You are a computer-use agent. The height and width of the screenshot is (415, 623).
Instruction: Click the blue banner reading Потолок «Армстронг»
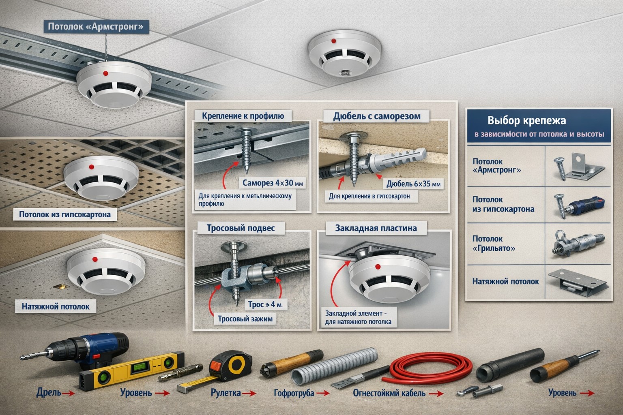point(96,27)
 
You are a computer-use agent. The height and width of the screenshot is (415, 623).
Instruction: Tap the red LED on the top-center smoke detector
point(333,41)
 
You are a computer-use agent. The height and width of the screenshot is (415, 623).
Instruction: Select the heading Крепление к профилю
point(243,116)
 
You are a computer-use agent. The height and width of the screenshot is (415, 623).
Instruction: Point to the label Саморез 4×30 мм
point(273,183)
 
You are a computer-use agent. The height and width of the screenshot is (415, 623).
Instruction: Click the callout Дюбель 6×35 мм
point(413,184)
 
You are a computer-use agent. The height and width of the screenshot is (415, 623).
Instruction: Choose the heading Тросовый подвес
point(241,228)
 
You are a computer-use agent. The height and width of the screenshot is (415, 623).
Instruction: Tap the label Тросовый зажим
point(245,319)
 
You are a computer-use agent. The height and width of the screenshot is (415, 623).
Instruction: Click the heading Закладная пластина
point(376,228)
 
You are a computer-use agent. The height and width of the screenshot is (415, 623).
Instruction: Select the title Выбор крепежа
point(526,121)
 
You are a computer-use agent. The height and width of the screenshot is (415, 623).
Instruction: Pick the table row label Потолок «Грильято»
point(493,243)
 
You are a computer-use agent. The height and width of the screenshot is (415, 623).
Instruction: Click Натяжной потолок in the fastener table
point(505,281)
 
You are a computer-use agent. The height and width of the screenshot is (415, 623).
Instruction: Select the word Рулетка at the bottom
point(226,393)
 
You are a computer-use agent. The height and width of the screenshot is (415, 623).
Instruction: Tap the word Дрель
point(49,393)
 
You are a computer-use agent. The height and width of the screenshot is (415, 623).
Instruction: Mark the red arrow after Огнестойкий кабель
point(436,394)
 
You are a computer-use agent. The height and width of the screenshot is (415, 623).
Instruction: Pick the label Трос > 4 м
point(264,304)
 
